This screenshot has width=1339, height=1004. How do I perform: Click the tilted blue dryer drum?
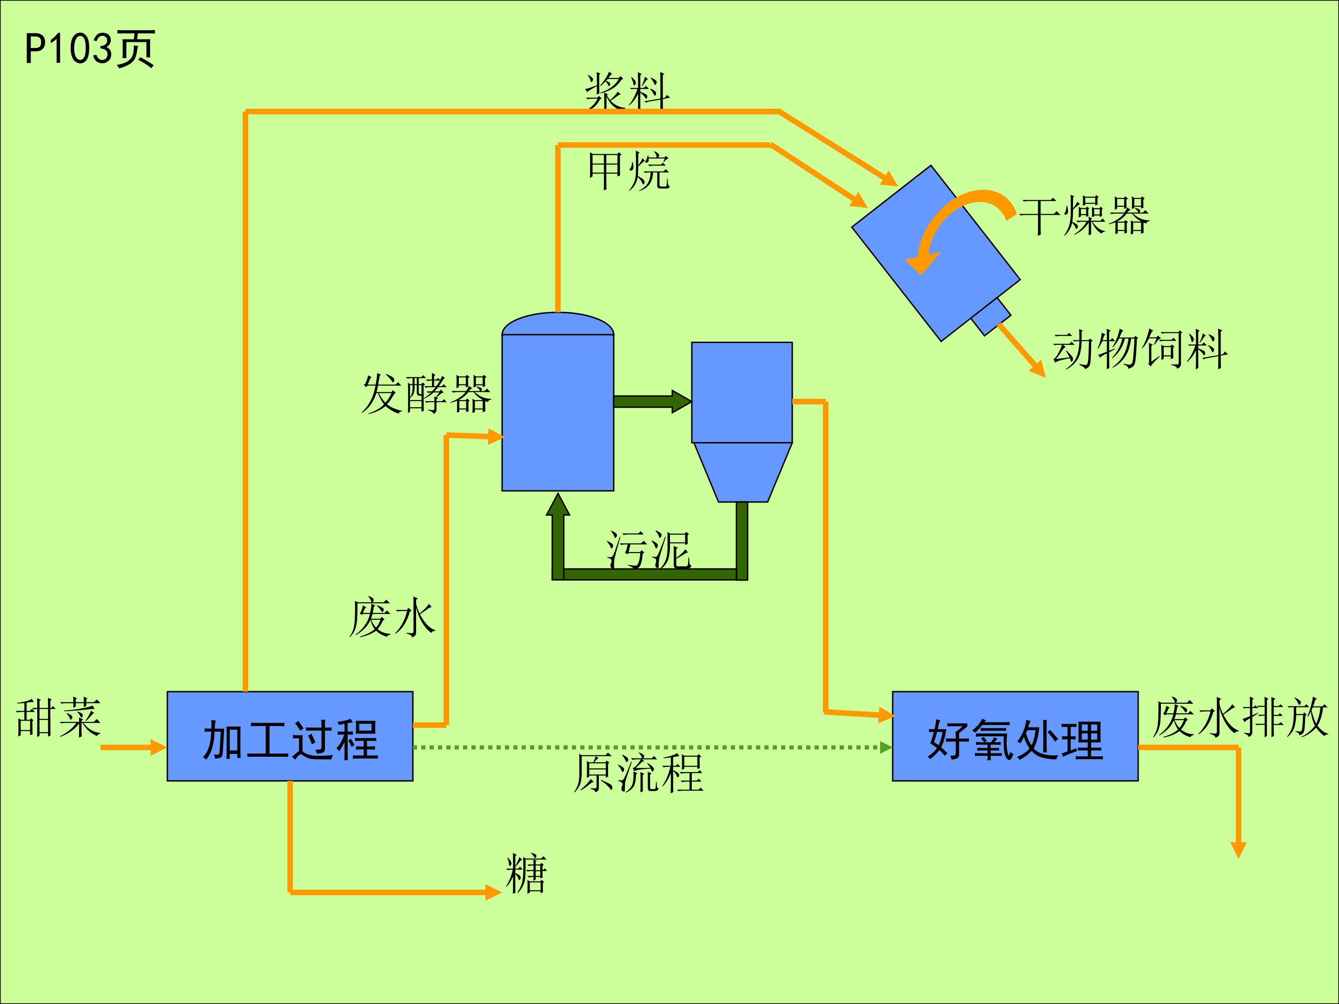(936, 253)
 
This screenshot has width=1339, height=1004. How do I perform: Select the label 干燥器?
(1085, 216)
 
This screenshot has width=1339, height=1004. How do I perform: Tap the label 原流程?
(638, 773)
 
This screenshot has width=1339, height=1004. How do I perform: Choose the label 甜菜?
(58, 718)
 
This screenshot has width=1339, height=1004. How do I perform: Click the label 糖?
(526, 874)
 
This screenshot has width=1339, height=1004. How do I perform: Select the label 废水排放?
(1239, 718)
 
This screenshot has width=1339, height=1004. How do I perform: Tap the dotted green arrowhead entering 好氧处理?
(886, 747)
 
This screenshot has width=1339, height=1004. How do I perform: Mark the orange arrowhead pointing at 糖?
(493, 892)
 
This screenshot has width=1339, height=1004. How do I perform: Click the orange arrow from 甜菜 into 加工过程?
(133, 747)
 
